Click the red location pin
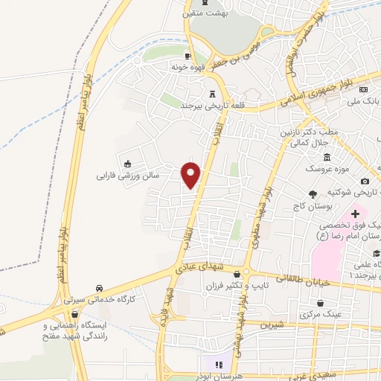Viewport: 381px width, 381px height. (192, 175)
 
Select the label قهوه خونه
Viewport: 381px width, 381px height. (188, 67)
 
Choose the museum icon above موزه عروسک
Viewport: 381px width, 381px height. (327, 157)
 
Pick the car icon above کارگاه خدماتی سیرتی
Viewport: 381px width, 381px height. (100, 287)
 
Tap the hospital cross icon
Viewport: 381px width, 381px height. (356, 214)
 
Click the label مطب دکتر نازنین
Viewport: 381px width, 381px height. (312, 132)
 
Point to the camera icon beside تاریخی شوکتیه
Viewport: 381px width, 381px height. (365, 182)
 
